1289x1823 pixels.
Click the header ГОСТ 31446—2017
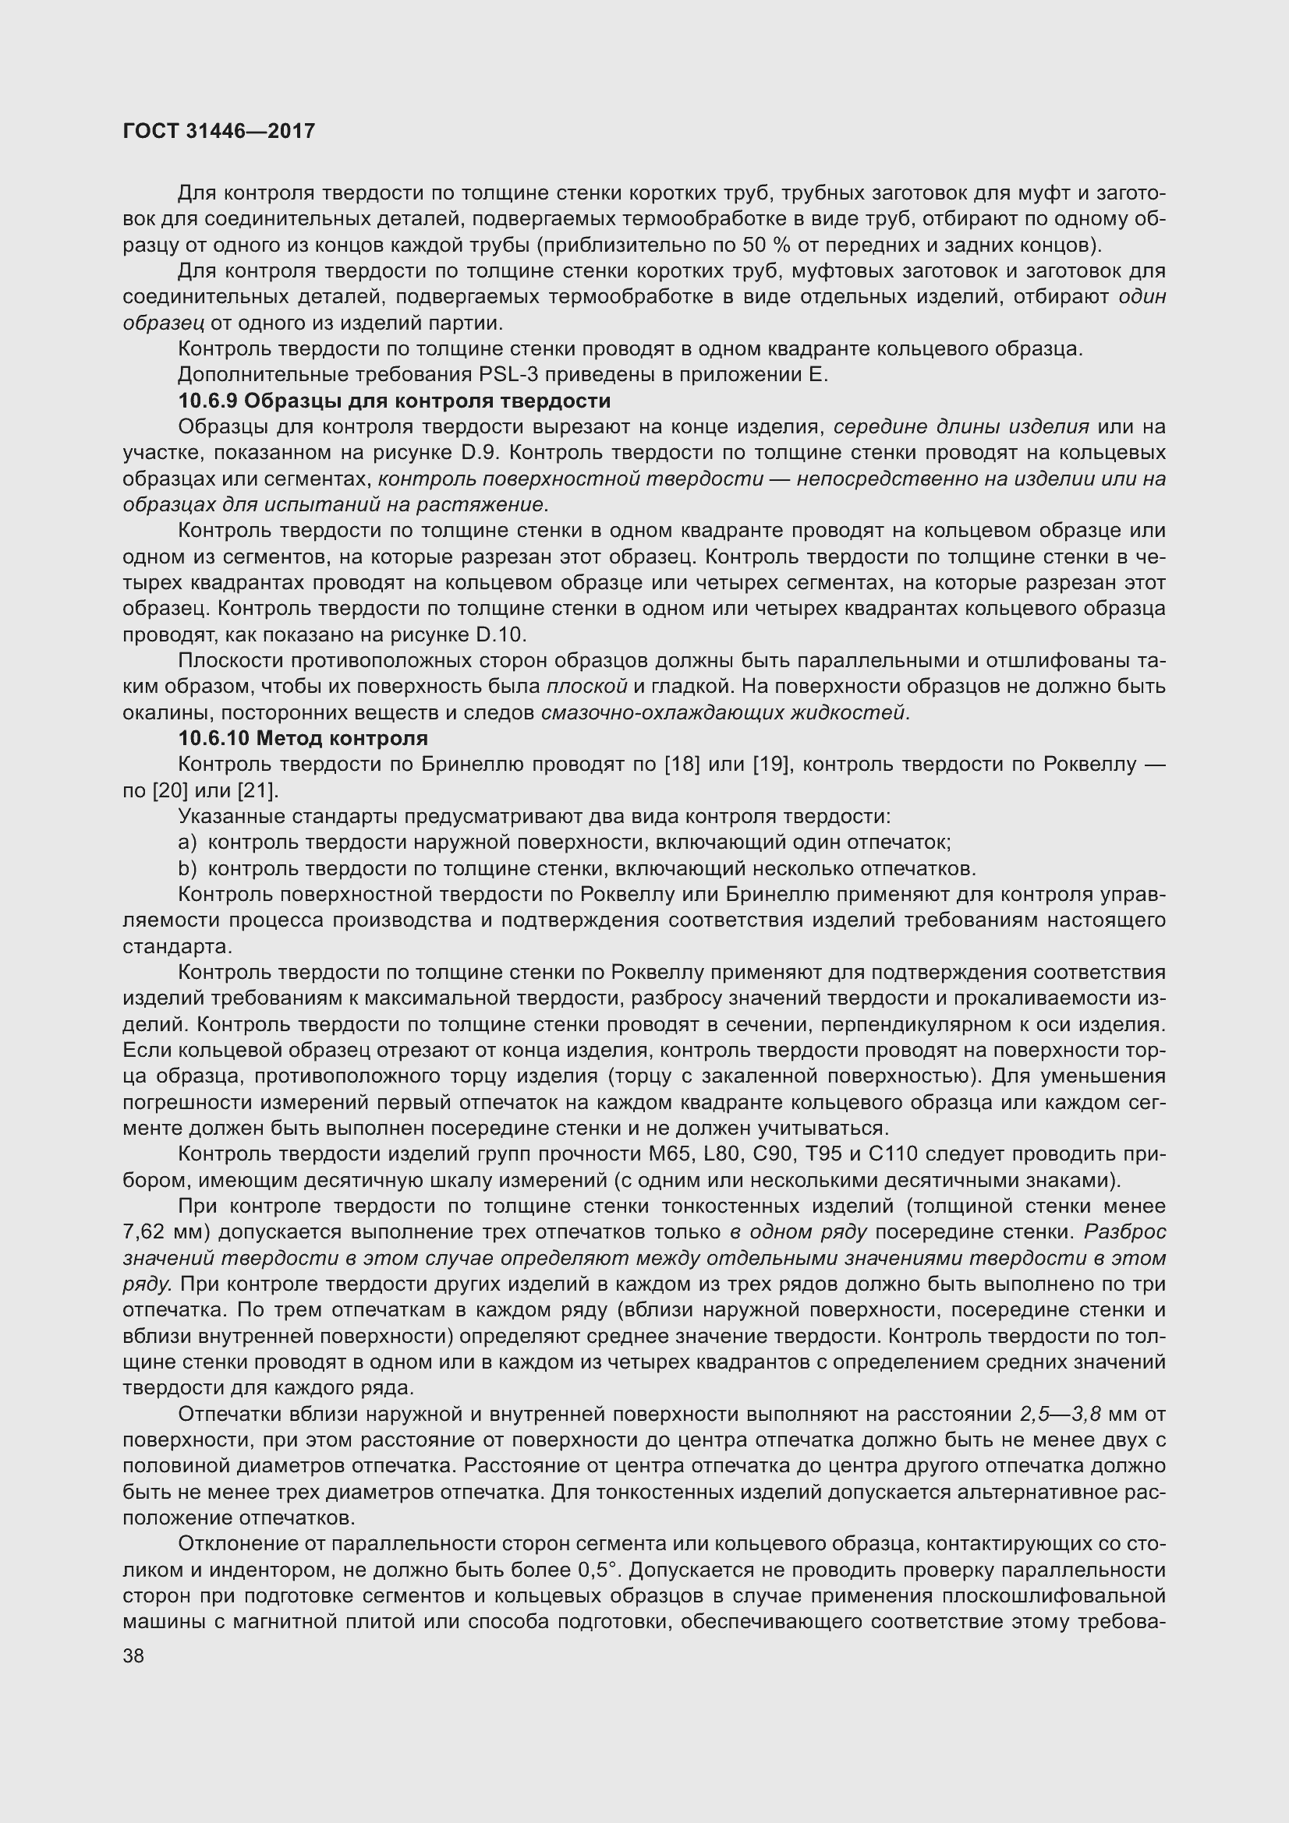pos(219,131)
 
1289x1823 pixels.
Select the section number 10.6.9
pos(207,400)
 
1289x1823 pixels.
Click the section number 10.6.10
pos(213,738)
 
